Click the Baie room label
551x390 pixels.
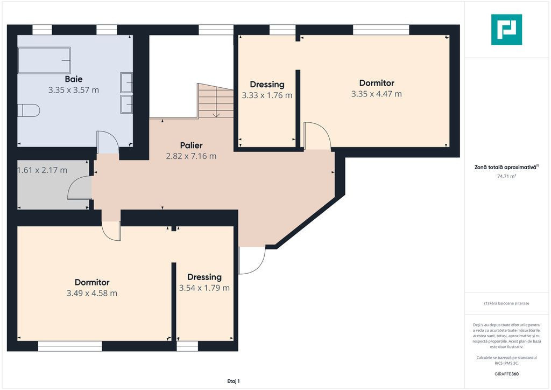pyautogui.click(x=73, y=79)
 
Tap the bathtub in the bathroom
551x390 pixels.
pyautogui.click(x=44, y=60)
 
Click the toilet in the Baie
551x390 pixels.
pyautogui.click(x=29, y=110)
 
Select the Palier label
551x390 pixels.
pyautogui.click(x=191, y=145)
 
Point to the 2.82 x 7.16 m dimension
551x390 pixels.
pyautogui.click(x=191, y=156)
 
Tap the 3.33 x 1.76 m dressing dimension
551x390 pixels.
pyautogui.click(x=267, y=95)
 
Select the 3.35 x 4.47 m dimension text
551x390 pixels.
pyautogui.click(x=376, y=94)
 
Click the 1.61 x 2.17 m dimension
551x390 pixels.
pyautogui.click(x=42, y=170)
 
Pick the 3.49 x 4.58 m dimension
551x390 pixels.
pyautogui.click(x=92, y=293)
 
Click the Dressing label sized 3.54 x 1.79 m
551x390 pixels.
pyautogui.click(x=204, y=277)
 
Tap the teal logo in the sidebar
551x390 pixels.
pyautogui.click(x=506, y=30)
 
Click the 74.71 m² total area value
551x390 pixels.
pyautogui.click(x=506, y=176)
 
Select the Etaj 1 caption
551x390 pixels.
pyautogui.click(x=234, y=381)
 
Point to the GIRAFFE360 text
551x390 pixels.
pyautogui.click(x=506, y=374)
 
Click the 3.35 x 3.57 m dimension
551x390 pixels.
pyautogui.click(x=73, y=90)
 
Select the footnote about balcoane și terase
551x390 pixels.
pyautogui.click(x=506, y=303)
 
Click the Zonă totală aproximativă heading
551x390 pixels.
pyautogui.click(x=506, y=168)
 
